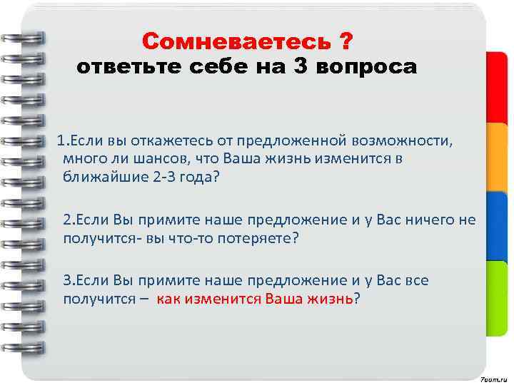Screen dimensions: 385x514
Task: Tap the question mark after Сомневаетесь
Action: click(x=345, y=41)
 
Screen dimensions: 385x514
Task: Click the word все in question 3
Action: click(x=416, y=280)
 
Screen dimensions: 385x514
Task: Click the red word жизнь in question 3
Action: click(x=330, y=299)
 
